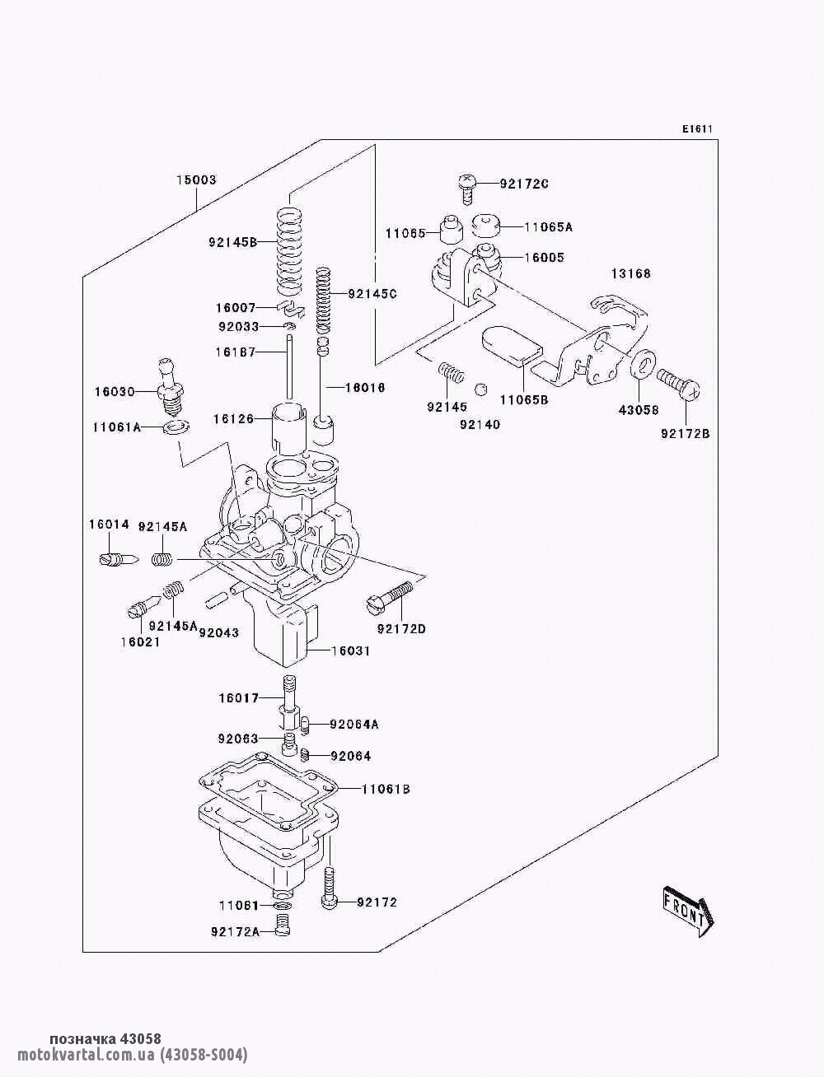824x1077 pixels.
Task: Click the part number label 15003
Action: pos(195,179)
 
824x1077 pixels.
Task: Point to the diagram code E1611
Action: pos(696,128)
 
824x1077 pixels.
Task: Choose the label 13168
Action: pos(630,273)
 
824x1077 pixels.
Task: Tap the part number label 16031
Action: pos(350,650)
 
